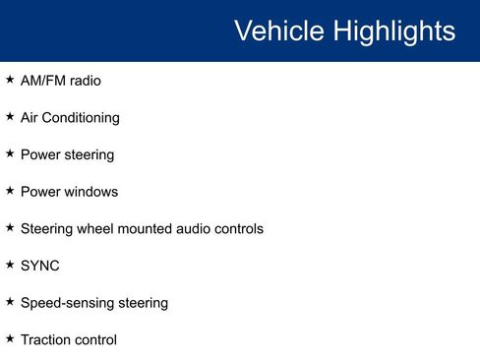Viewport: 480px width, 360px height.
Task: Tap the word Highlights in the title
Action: tap(393, 30)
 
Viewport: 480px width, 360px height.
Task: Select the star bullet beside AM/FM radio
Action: tap(10, 79)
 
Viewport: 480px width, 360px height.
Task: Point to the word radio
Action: tap(86, 81)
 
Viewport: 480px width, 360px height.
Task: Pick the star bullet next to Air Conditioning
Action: tap(10, 116)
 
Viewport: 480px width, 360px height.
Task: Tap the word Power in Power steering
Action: tap(39, 154)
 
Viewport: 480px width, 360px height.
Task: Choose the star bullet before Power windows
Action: tap(10, 190)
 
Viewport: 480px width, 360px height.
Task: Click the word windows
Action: tap(90, 192)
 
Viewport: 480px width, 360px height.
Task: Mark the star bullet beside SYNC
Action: tap(10, 264)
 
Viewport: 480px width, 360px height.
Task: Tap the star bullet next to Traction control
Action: tap(10, 337)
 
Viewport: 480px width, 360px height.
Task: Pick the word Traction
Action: tap(46, 339)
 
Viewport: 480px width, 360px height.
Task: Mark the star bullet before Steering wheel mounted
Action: tap(10, 227)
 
